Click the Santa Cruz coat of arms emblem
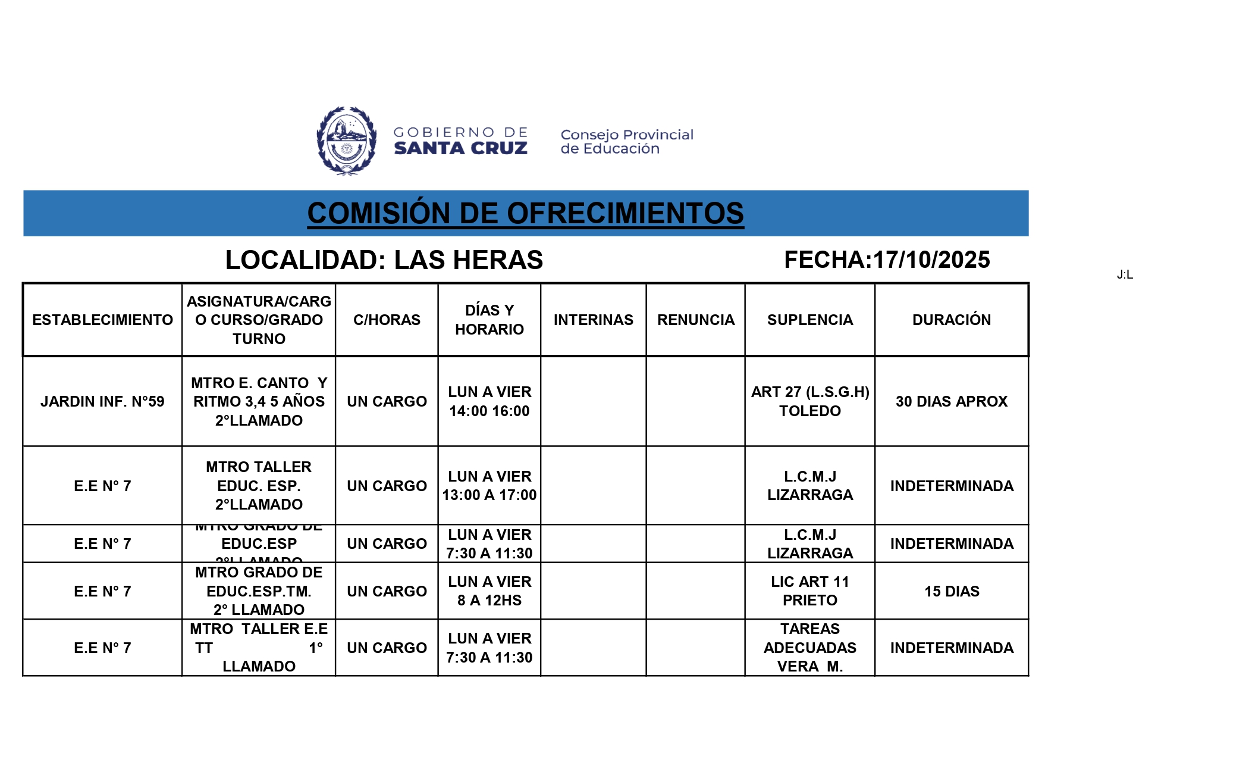[346, 140]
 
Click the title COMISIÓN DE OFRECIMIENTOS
[525, 213]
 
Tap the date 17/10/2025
[931, 260]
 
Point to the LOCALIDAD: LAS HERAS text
[384, 260]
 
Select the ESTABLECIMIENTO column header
[102, 320]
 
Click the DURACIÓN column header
[951, 320]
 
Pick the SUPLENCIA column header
[809, 320]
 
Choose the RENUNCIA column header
[695, 320]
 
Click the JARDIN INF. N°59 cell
[102, 401]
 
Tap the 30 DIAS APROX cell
[951, 401]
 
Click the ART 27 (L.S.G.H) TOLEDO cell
[809, 401]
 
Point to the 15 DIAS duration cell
[951, 591]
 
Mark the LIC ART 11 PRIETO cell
[809, 591]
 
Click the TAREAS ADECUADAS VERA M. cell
[809, 648]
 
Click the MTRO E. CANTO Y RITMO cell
[259, 401]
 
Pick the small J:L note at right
[1124, 275]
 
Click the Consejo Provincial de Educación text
[626, 142]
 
